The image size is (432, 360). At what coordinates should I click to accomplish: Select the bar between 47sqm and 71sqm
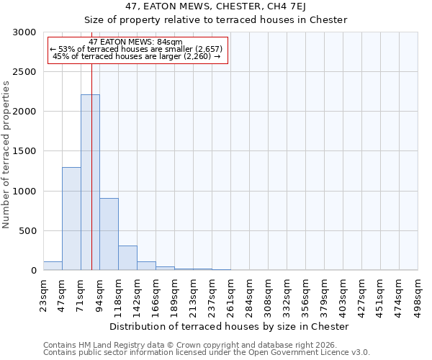pyautogui.click(x=71, y=219)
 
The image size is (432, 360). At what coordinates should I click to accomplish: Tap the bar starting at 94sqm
pyautogui.click(x=109, y=234)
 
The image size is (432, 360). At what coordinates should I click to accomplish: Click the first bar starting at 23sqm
pyautogui.click(x=53, y=266)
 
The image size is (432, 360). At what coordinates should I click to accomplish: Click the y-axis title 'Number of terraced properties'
pyautogui.click(x=6, y=154)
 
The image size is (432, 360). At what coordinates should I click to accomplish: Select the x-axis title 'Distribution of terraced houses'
pyautogui.click(x=230, y=326)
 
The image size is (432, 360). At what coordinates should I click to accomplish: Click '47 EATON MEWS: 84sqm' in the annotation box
pyautogui.click(x=137, y=42)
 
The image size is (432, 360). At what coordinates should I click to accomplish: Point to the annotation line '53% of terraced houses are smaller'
pyautogui.click(x=137, y=49)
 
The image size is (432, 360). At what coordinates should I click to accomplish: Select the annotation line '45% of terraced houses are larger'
pyautogui.click(x=137, y=56)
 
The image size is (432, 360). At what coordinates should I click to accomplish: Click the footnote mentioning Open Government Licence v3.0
pyautogui.click(x=207, y=353)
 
